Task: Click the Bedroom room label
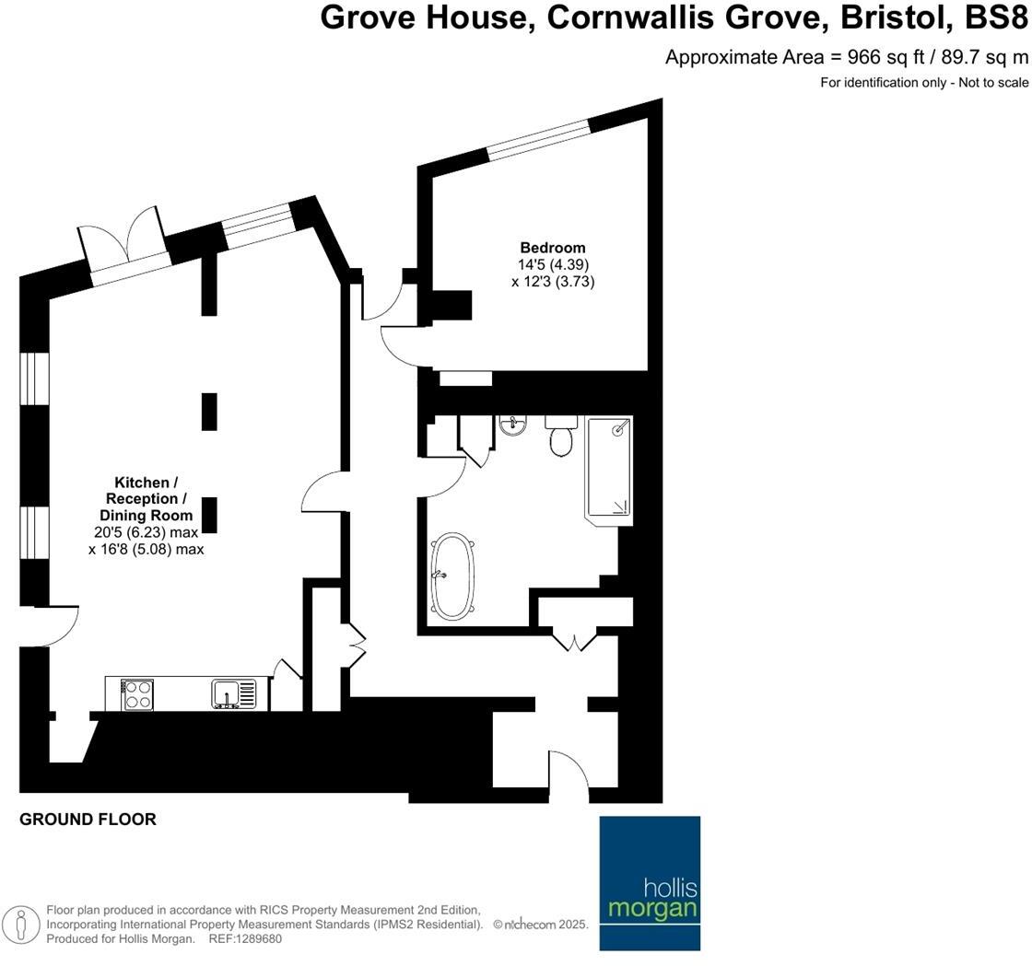(x=553, y=248)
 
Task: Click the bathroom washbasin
(x=512, y=425)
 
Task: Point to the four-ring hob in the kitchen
(x=138, y=693)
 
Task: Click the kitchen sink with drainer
(x=234, y=693)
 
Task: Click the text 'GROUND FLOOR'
(x=88, y=819)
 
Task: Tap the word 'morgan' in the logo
(x=651, y=910)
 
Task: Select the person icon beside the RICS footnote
(x=20, y=925)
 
